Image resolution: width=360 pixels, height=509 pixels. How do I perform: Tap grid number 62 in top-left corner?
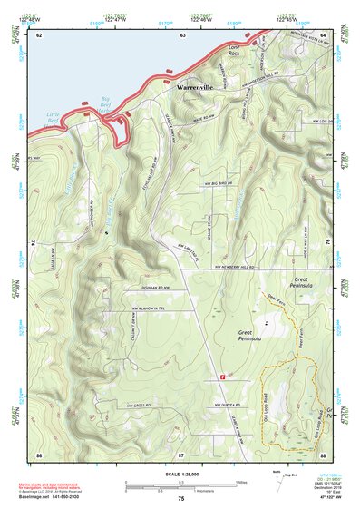(39, 35)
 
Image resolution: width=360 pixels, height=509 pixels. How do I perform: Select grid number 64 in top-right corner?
(322, 35)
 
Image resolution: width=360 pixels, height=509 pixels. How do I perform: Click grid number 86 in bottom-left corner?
(39, 453)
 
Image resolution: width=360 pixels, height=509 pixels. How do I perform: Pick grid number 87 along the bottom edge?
(180, 453)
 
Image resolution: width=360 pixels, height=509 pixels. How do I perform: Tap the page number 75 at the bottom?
(180, 500)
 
